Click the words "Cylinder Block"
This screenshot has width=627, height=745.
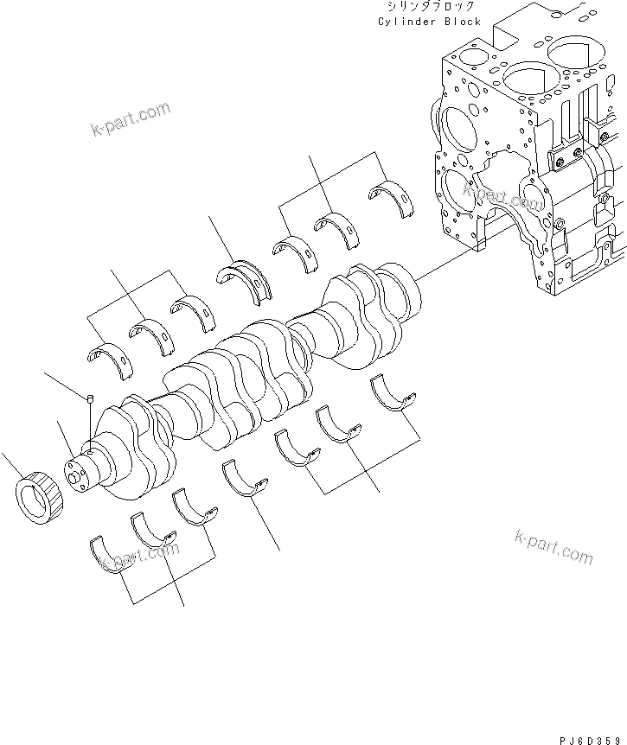pyautogui.click(x=429, y=21)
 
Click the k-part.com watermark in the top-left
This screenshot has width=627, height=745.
pyautogui.click(x=130, y=120)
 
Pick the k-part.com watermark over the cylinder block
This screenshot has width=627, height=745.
pyautogui.click(x=502, y=198)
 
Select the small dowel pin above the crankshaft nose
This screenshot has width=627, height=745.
pyautogui.click(x=90, y=398)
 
